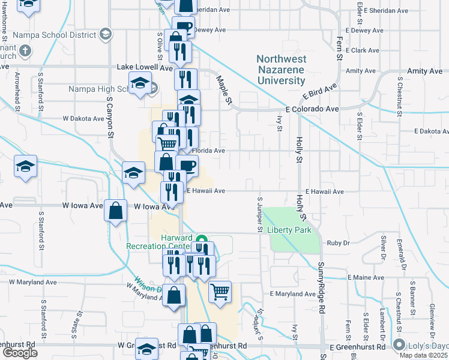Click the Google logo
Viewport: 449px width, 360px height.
pos(20,353)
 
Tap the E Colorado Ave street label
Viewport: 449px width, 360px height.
pos(312,109)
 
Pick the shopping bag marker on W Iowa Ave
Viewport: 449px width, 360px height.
pos(116,211)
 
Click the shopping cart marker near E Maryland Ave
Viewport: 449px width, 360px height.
pos(220,292)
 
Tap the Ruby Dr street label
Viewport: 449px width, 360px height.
pos(338,243)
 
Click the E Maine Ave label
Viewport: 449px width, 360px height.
pos(366,278)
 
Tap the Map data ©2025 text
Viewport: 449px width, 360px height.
pos(427,355)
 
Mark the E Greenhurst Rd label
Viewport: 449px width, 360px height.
pos(357,347)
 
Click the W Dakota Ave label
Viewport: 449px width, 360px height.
pos(82,118)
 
